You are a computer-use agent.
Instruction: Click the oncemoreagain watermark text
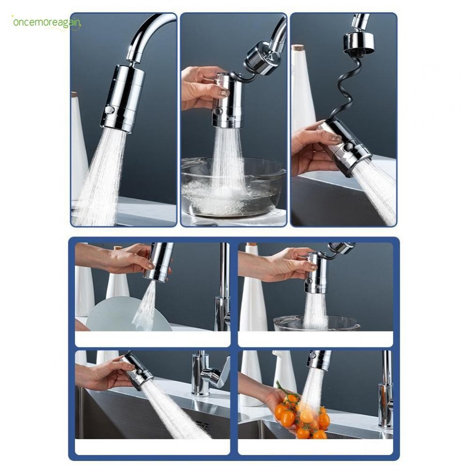coord(46,23)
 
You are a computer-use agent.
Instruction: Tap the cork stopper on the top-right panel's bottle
coord(298,47)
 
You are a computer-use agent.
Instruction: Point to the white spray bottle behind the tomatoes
coord(284,371)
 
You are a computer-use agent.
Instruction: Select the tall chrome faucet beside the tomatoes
coord(386,389)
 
